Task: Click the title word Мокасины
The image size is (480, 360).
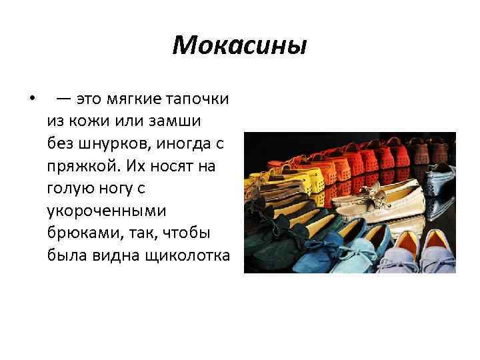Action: click(x=239, y=45)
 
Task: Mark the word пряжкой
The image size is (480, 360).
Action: click(x=79, y=167)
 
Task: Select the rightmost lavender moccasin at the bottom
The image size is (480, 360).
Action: click(x=437, y=250)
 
